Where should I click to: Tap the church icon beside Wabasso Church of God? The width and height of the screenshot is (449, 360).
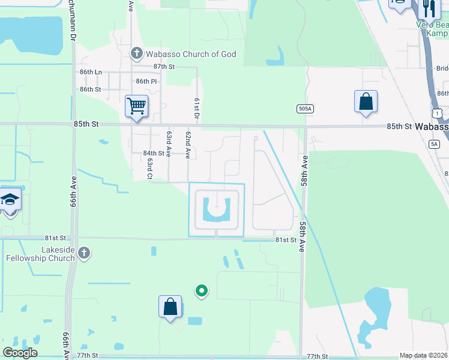pyautogui.click(x=136, y=54)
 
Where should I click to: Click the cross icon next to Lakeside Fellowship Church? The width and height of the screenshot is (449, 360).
pyautogui.click(x=84, y=253)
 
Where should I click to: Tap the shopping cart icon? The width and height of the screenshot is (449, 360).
pyautogui.click(x=136, y=106)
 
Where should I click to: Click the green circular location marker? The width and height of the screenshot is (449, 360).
pyautogui.click(x=202, y=291)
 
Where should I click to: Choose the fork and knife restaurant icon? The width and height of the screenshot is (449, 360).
pyautogui.click(x=428, y=7)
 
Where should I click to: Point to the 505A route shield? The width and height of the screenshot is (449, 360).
pyautogui.click(x=305, y=109)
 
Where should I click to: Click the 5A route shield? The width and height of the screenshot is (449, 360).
pyautogui.click(x=435, y=144)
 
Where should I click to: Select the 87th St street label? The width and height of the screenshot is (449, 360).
pyautogui.click(x=163, y=67)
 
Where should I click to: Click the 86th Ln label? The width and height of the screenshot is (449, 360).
pyautogui.click(x=91, y=72)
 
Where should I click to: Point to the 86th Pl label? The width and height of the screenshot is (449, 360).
pyautogui.click(x=146, y=81)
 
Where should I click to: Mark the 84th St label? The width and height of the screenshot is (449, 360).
pyautogui.click(x=153, y=154)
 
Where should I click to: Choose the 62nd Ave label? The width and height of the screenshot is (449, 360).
pyautogui.click(x=188, y=145)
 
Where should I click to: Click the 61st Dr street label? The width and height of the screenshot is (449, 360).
pyautogui.click(x=196, y=109)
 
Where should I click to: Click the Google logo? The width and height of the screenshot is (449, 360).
pyautogui.click(x=20, y=353)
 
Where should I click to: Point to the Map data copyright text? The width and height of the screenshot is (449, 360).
pyautogui.click(x=423, y=356)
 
